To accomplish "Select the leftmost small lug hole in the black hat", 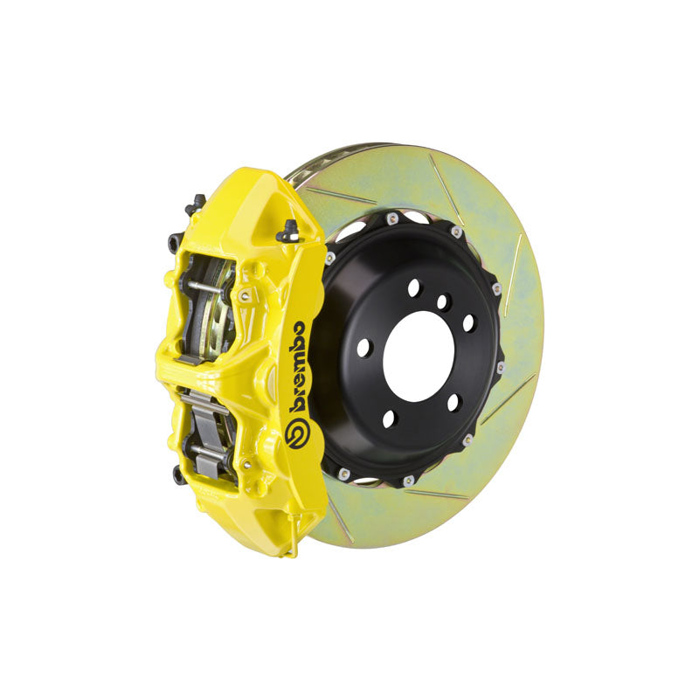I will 363,347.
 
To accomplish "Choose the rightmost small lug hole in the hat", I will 468,322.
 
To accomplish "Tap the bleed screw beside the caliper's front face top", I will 287,232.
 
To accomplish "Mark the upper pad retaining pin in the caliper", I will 210,289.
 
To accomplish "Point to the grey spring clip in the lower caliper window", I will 203,411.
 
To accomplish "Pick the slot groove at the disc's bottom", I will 437,495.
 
